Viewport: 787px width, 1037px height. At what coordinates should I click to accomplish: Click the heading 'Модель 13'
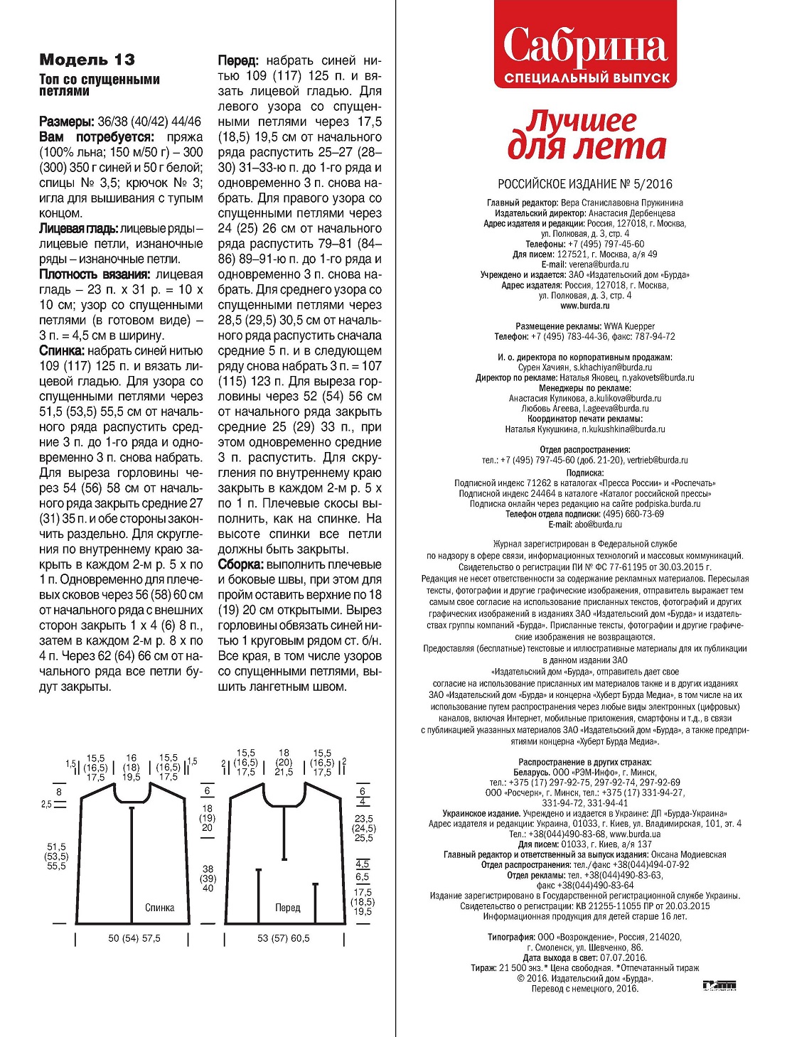pos(87,60)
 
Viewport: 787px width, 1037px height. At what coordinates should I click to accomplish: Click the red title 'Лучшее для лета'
pos(586,135)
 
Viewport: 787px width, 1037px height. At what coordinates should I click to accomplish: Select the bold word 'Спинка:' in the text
pos(63,351)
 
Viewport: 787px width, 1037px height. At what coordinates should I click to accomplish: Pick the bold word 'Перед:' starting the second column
pos(239,61)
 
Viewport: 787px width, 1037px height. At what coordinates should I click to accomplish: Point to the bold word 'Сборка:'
pos(241,564)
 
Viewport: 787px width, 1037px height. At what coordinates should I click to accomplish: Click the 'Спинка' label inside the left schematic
pos(159,908)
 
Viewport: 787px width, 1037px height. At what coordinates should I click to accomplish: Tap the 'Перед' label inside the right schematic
pos(288,908)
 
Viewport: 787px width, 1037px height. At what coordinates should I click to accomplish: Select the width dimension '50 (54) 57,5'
pos(134,938)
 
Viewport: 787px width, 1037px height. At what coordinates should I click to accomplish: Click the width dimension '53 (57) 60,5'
pos(284,938)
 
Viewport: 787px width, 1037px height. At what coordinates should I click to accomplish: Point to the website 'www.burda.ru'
pos(584,306)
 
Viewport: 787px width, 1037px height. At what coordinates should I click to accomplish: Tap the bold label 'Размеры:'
pos(67,122)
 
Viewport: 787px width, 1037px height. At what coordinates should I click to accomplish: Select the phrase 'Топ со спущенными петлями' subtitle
pos(100,85)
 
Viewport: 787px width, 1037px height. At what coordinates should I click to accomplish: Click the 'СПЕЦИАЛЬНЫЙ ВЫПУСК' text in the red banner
pos(587,78)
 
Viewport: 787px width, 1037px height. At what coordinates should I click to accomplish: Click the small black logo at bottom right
pos(719,985)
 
